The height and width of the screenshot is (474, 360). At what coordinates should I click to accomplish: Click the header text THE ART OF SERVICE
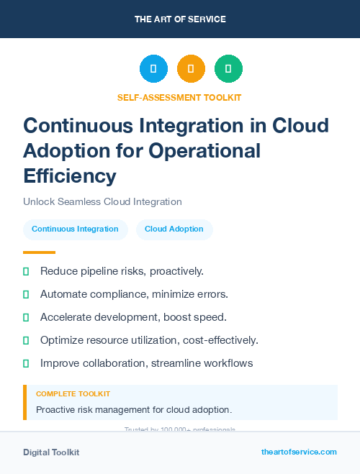tap(180, 19)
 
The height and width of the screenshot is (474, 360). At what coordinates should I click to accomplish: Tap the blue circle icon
tap(153, 68)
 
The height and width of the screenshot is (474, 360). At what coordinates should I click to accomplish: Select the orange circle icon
tap(191, 68)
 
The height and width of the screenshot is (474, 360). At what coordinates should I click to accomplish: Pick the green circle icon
tap(228, 68)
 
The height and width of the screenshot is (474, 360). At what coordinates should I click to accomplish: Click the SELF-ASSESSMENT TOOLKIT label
tap(179, 97)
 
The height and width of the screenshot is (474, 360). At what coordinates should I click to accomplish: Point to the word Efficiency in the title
tap(70, 176)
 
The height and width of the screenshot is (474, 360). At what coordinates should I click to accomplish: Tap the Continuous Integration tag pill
tap(75, 229)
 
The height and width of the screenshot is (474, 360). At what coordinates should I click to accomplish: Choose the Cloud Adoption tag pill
tap(174, 229)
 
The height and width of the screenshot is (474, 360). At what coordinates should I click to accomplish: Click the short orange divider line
tap(39, 252)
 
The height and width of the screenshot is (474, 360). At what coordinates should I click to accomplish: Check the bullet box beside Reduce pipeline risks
tap(26, 271)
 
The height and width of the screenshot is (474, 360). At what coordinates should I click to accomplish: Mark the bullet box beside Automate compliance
tap(26, 294)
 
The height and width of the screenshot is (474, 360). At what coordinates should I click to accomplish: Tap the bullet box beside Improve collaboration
tap(26, 363)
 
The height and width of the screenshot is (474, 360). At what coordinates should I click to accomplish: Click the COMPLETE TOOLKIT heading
tap(73, 394)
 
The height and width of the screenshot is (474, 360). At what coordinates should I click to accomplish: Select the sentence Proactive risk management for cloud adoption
tap(134, 409)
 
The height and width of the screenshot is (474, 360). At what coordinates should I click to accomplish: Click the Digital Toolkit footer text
tap(51, 452)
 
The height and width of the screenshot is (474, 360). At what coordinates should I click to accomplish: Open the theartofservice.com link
tap(299, 452)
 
